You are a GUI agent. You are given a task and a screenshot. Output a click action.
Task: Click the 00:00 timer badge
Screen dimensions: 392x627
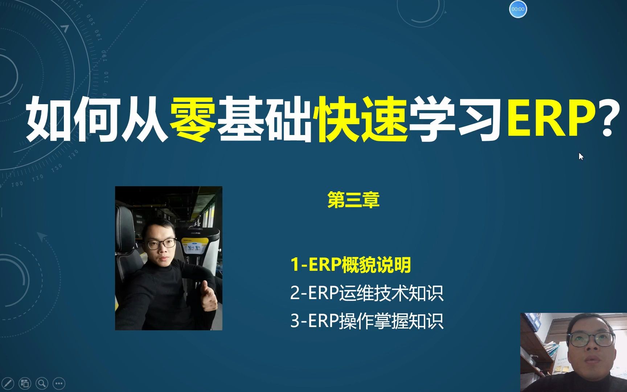(518, 9)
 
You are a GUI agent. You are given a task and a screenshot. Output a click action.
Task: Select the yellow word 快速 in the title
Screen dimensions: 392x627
(362, 119)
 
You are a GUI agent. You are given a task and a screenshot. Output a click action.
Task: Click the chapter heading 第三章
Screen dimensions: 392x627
(353, 200)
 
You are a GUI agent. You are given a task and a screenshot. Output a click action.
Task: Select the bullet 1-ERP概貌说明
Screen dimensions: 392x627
(351, 265)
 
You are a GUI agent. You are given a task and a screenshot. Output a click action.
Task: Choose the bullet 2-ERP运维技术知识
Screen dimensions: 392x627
(366, 293)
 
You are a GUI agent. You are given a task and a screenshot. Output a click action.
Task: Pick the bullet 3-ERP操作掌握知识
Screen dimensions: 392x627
(366, 321)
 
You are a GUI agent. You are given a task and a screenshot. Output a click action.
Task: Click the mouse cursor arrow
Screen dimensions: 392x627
(581, 156)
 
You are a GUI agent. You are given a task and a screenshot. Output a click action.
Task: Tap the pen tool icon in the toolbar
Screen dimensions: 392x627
(8, 383)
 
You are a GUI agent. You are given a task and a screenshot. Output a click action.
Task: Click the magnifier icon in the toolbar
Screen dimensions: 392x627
(42, 383)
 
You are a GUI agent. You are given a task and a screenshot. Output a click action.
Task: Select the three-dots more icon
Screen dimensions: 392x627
(59, 383)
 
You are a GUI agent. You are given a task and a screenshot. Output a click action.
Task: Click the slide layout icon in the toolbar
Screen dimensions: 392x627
(25, 383)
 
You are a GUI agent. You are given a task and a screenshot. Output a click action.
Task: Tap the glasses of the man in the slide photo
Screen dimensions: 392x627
(162, 244)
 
